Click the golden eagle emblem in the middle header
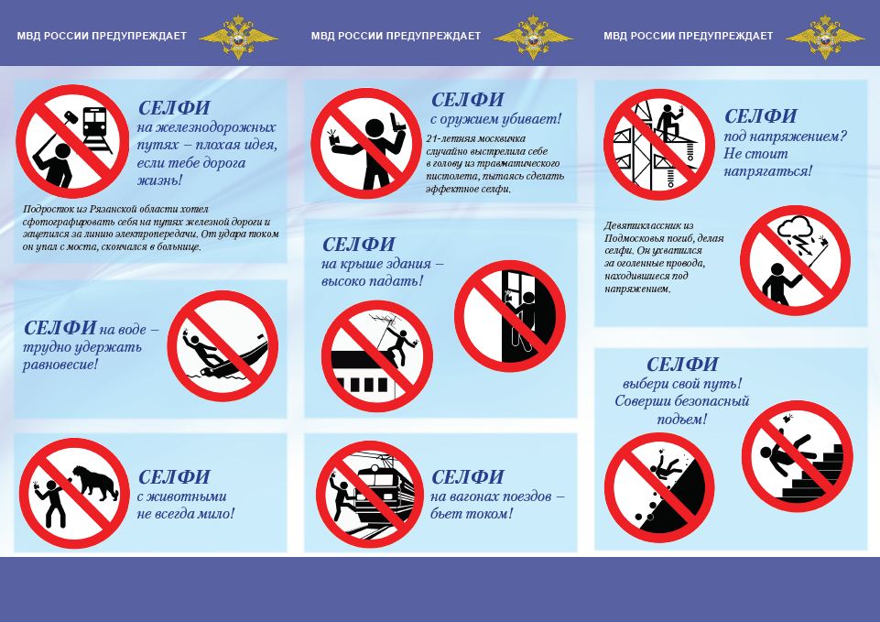[x=533, y=36]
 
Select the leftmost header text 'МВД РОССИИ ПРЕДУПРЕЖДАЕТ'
[x=102, y=36]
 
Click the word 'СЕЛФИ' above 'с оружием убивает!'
[x=468, y=100]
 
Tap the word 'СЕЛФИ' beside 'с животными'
[x=174, y=477]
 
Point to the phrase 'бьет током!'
[x=472, y=514]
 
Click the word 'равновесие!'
[x=60, y=365]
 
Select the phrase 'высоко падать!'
[x=372, y=281]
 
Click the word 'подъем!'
[x=682, y=420]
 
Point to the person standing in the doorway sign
[x=521, y=320]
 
